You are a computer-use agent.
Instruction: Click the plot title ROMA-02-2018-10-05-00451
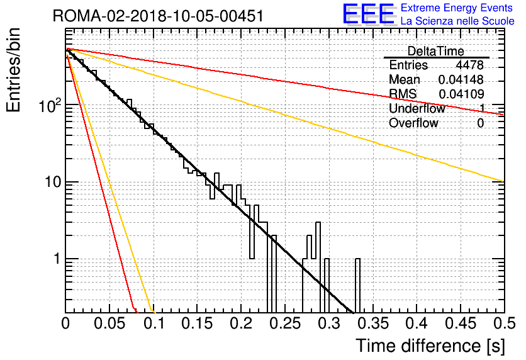click(159, 16)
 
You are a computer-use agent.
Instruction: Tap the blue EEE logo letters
click(369, 14)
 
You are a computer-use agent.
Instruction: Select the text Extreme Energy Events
click(457, 8)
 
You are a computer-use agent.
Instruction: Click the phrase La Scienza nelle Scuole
click(457, 21)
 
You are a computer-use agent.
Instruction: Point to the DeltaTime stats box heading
click(436, 51)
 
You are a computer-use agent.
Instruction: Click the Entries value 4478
click(469, 65)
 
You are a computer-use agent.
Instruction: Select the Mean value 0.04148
click(461, 79)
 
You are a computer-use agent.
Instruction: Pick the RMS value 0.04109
click(461, 94)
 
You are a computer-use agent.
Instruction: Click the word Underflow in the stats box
click(417, 108)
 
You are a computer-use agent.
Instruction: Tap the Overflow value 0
click(480, 123)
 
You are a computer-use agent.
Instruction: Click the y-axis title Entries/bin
click(13, 70)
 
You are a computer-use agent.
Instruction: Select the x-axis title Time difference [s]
click(430, 346)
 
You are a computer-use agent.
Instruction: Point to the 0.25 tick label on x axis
click(286, 323)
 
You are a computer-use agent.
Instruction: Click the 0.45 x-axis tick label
click(461, 323)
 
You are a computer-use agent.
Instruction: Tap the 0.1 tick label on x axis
click(154, 323)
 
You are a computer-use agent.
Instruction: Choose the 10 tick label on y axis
click(53, 182)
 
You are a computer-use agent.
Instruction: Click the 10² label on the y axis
click(50, 105)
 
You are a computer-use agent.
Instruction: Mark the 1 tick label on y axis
click(57, 259)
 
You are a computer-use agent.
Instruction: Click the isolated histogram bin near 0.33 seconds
click(357, 286)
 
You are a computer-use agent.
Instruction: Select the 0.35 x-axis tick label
click(373, 323)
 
